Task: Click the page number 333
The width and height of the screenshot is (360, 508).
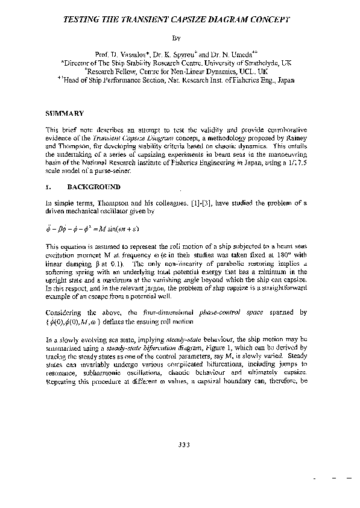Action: (185, 445)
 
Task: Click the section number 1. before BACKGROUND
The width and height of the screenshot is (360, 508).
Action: (49, 187)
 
